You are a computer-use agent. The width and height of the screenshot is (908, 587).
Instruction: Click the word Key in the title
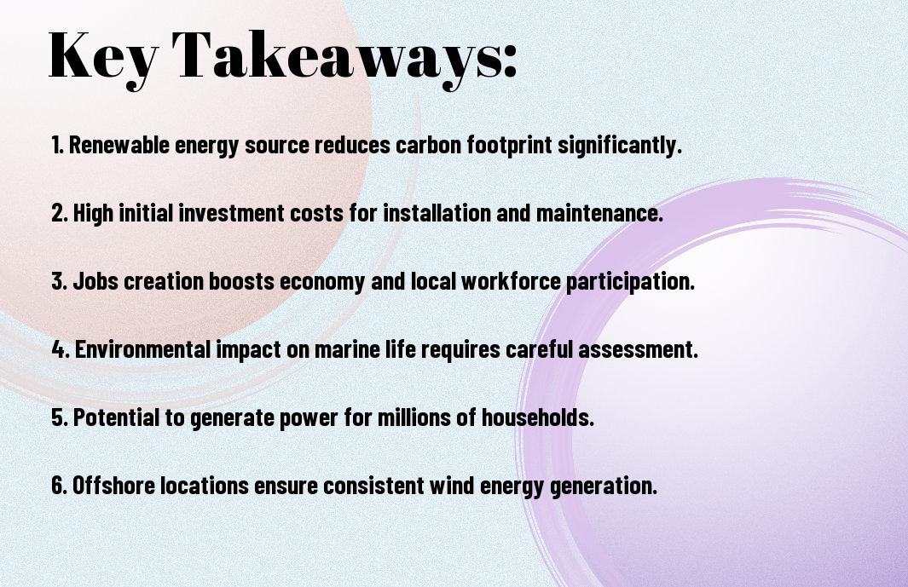[103, 57]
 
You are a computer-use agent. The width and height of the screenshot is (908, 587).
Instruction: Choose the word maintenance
[599, 213]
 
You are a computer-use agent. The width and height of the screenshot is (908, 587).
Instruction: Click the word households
[537, 417]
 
